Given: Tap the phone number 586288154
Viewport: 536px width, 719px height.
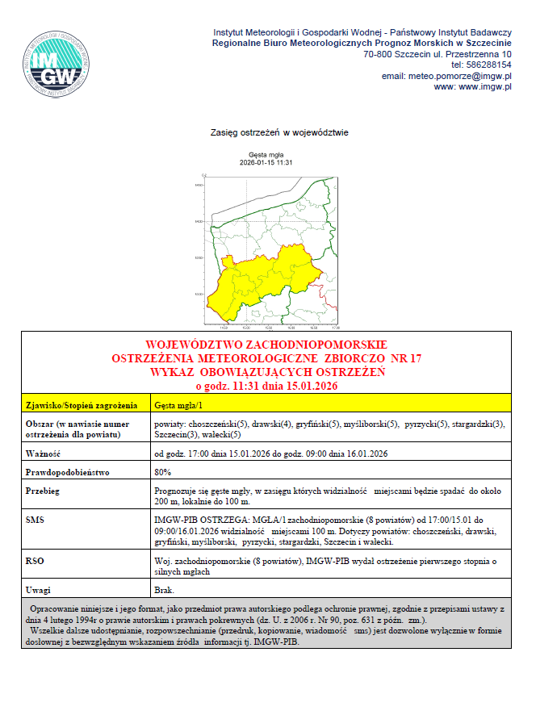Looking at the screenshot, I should [x=492, y=65].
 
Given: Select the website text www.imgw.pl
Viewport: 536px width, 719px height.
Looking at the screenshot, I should [x=485, y=87].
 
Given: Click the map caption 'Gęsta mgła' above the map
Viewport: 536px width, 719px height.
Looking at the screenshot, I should [x=266, y=155].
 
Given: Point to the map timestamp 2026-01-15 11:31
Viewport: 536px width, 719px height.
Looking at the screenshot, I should [x=266, y=162].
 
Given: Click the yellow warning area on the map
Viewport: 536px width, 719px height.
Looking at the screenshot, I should [x=242, y=286].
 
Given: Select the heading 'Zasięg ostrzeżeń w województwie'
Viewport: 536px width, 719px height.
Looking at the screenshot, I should [x=279, y=132].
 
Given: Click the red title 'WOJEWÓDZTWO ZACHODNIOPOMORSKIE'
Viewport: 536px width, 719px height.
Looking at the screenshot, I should [x=266, y=345].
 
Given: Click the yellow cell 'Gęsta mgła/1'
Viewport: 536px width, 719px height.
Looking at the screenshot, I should [x=178, y=405].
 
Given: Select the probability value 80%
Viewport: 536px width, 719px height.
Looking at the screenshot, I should [x=162, y=471].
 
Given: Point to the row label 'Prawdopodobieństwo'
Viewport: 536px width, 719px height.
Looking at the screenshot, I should [x=68, y=471].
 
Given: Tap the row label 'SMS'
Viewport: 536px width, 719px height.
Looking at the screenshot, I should [x=36, y=521].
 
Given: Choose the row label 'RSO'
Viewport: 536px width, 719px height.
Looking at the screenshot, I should [x=36, y=560].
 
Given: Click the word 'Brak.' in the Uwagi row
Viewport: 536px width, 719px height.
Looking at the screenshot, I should [x=165, y=592].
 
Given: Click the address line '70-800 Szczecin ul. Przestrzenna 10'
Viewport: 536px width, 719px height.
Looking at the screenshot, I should [x=438, y=54].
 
